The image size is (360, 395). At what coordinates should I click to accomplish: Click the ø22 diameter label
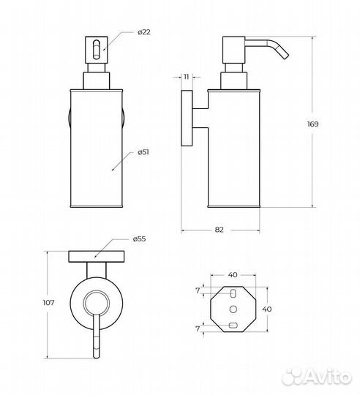(x=144, y=32)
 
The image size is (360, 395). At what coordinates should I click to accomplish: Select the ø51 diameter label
(x=143, y=152)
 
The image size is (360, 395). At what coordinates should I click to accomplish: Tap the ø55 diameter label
(x=139, y=238)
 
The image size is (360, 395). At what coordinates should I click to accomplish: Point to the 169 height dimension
(x=312, y=124)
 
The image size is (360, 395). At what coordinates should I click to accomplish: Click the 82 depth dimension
(x=220, y=230)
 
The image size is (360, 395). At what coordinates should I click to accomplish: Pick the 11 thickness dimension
(x=186, y=77)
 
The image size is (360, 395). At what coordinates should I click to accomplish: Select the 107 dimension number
(x=48, y=302)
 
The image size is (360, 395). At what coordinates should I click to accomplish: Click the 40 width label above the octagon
(x=233, y=274)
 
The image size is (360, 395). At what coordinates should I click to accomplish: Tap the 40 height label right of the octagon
(x=267, y=309)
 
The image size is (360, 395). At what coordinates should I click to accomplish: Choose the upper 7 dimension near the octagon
(x=198, y=290)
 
